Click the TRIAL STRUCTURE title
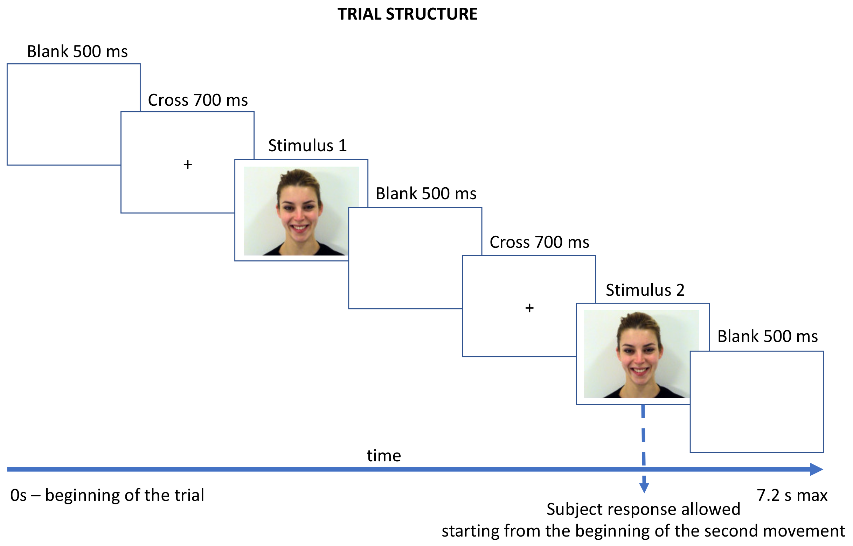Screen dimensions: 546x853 [x=407, y=14]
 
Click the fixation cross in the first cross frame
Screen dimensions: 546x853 [x=188, y=164]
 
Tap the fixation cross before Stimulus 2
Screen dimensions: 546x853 [x=529, y=308]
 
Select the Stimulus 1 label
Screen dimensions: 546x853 [x=307, y=146]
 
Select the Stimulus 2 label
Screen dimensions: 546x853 [x=645, y=290]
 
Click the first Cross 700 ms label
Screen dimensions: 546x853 [x=197, y=100]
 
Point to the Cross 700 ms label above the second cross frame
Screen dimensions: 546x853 [x=539, y=243]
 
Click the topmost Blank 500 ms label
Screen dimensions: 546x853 [x=77, y=52]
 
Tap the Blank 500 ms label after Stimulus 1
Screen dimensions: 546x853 [x=425, y=194]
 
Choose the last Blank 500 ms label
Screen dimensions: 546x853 [x=768, y=336]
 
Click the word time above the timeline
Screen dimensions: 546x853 [x=384, y=456]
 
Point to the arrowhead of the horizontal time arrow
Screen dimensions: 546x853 [x=816, y=469]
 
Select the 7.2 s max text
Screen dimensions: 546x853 [x=792, y=495]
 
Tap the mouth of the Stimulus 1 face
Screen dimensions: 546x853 [x=300, y=227]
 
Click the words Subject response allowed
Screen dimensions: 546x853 [x=643, y=510]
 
